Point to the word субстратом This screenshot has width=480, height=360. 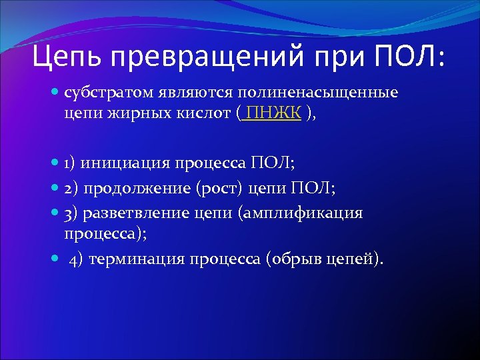coord(109,93)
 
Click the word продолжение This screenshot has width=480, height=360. coord(139,188)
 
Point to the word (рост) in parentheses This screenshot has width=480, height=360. coord(220,188)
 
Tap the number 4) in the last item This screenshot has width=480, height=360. coord(76,259)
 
